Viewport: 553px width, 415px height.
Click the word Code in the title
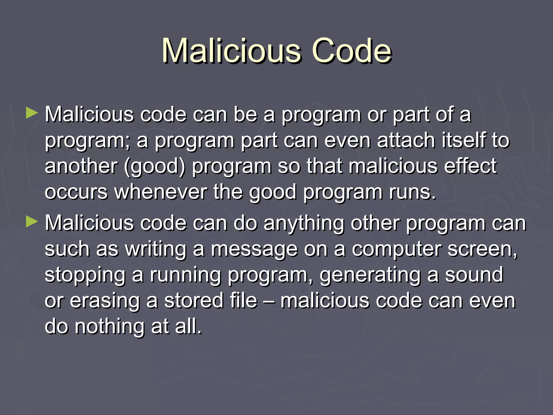pyautogui.click(x=351, y=51)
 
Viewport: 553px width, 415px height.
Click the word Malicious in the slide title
pyautogui.click(x=231, y=51)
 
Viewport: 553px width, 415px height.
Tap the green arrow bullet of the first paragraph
pyautogui.click(x=32, y=113)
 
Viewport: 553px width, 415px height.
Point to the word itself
pyautogui.click(x=462, y=140)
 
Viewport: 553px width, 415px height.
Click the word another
pyautogui.click(x=81, y=166)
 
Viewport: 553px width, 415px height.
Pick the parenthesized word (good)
pyautogui.click(x=155, y=166)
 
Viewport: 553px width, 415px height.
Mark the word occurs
pyautogui.click(x=76, y=192)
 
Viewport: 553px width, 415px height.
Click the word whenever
pyautogui.click(x=161, y=192)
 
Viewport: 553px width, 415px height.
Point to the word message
pyautogui.click(x=254, y=249)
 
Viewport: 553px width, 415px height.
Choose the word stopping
pyautogui.click(x=85, y=275)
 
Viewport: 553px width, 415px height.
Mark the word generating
pyautogui.click(x=370, y=275)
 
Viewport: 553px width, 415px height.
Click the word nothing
pyautogui.click(x=109, y=326)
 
